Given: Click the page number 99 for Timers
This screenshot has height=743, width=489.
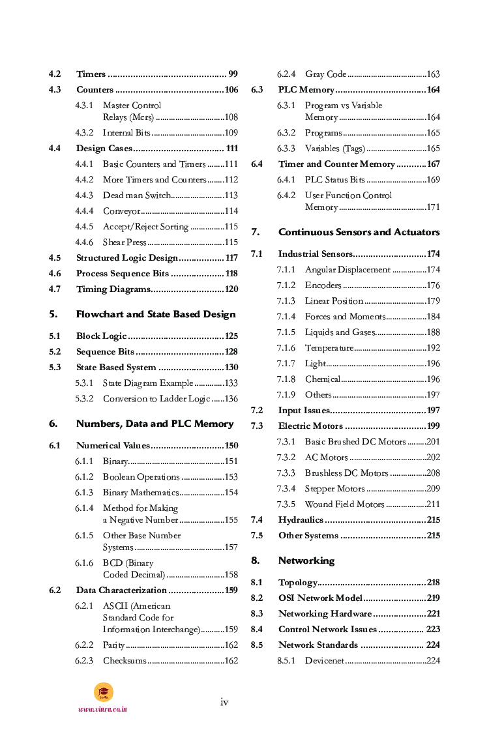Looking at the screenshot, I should pos(233,74).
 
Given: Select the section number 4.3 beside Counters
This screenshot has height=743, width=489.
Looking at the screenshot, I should pos(55,90).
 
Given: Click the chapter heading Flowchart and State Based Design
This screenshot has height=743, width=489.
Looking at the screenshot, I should pos(156,314).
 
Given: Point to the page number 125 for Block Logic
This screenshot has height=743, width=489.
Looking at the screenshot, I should pos(231,336).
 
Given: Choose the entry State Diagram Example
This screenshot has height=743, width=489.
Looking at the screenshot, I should pos(148,383).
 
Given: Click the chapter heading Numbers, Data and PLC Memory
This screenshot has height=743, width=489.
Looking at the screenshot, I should pos(155,424).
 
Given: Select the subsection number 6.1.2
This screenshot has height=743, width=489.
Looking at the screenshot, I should pos(84,477).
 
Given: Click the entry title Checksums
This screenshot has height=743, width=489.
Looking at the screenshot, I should pos(125,661).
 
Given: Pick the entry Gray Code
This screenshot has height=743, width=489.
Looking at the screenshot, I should pos(325,74).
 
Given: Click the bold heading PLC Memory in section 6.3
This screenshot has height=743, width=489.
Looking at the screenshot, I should pos(306,90).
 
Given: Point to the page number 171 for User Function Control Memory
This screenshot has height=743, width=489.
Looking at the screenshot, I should pos(433,207).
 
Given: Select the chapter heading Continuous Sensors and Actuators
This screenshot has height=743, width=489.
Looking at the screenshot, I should pos(359,232).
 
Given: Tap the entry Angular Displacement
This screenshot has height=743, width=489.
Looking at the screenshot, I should pos(348,270).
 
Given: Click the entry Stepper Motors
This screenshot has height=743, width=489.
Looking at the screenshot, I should pos(334,489).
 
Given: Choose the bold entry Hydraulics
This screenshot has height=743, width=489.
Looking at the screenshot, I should pos(301,520).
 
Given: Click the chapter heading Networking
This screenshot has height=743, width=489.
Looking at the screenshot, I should pos(306,561).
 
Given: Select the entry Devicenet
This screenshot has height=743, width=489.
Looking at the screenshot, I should pos(324,661).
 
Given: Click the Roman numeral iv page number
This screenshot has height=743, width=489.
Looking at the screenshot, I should pos(224,702).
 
